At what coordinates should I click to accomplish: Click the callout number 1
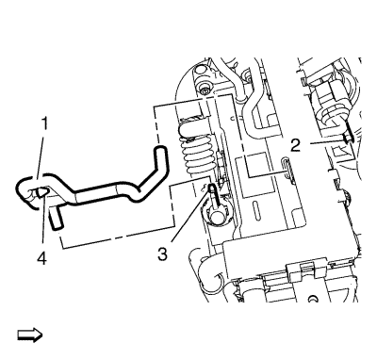pos(45,123)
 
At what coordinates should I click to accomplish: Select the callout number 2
pos(295,145)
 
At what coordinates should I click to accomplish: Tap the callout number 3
pos(162,254)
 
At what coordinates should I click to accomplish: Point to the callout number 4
pos(41,258)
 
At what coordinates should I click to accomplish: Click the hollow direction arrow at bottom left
pos(30,335)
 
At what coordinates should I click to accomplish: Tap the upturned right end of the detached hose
pos(161,156)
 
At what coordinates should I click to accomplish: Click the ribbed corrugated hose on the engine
pos(196,148)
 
